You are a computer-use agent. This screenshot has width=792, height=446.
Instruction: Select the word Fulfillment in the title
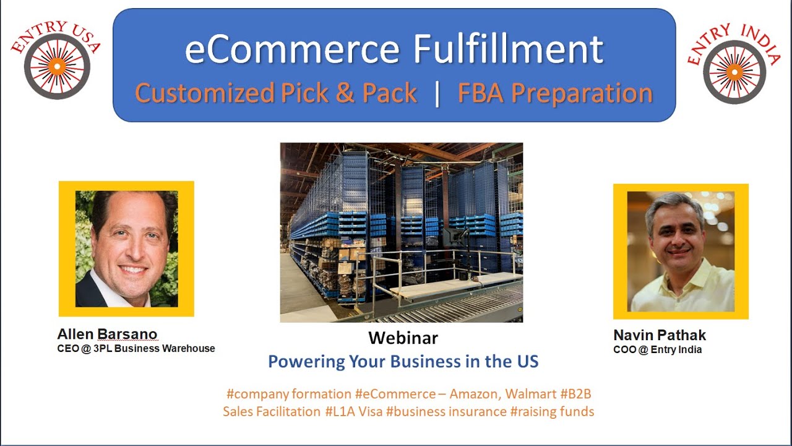(508, 50)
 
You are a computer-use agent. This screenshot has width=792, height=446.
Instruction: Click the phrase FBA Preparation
(555, 94)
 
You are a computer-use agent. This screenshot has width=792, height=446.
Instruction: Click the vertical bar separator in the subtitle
(437, 94)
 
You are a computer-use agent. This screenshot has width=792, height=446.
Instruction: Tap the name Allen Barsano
(107, 334)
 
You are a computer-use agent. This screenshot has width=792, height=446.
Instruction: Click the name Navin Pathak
(659, 335)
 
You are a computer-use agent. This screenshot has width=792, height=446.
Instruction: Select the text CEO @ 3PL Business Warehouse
(136, 349)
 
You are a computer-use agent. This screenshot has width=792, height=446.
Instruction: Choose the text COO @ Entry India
(657, 349)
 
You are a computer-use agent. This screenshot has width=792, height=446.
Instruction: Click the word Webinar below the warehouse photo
(403, 338)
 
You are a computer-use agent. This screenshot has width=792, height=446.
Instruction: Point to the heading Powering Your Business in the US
(403, 361)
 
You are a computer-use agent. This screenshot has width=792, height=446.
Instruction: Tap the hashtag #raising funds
(552, 411)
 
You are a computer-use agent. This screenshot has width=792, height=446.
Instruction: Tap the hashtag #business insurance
(446, 411)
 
